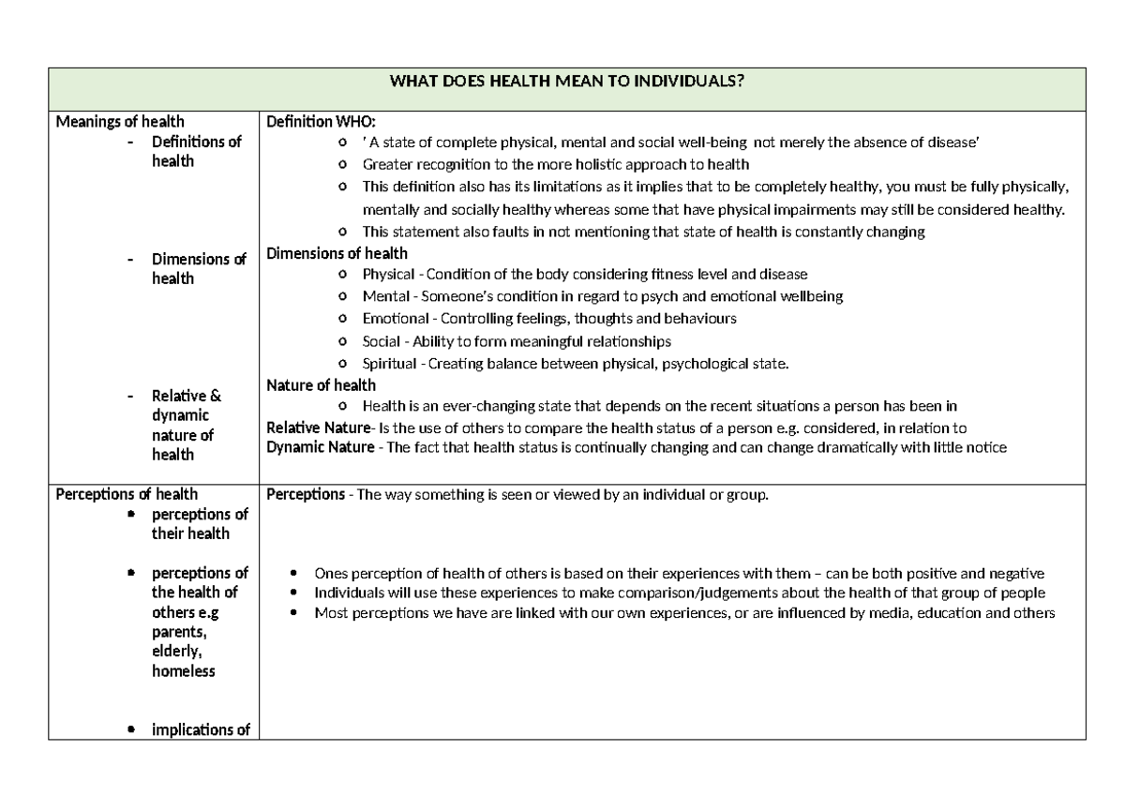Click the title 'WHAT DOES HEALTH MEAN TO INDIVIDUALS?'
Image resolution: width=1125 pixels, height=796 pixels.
[566, 81]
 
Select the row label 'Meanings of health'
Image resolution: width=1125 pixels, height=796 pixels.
[120, 121]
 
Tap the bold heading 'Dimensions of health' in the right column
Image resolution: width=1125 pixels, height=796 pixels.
[337, 253]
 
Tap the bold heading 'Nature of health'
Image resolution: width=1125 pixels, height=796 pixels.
[321, 385]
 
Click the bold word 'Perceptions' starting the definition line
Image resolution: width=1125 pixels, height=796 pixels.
[306, 494]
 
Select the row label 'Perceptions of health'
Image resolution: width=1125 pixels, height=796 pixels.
[127, 494]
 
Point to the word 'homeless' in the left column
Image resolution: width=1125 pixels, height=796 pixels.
[184, 670]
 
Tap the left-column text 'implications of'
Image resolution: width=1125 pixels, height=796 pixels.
[200, 730]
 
